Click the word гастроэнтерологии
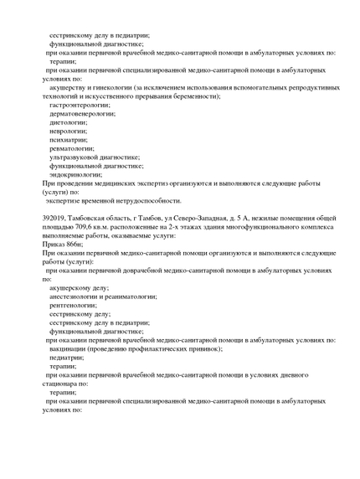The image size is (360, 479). point(80,106)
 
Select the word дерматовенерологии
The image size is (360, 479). point(83,113)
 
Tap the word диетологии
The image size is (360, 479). point(68,122)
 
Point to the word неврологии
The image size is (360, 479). point(68,131)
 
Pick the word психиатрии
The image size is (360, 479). point(68,140)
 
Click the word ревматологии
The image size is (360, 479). point(72,148)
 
